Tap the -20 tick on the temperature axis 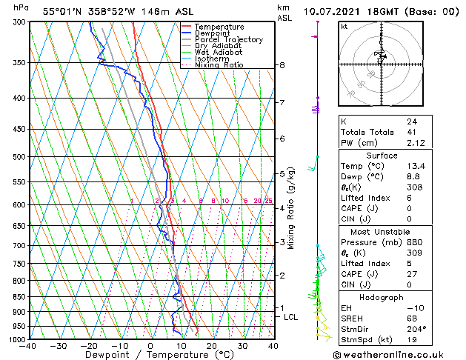tap(89, 345)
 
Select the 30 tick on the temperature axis tap(242, 345)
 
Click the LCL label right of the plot tap(291, 317)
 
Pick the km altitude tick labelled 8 tap(282, 65)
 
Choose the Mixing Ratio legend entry tap(219, 65)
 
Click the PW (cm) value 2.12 tap(416, 144)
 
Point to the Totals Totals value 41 tap(411, 132)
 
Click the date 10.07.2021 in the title tap(335, 11)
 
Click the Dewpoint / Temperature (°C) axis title tap(150, 356)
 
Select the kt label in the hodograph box tap(344, 26)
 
